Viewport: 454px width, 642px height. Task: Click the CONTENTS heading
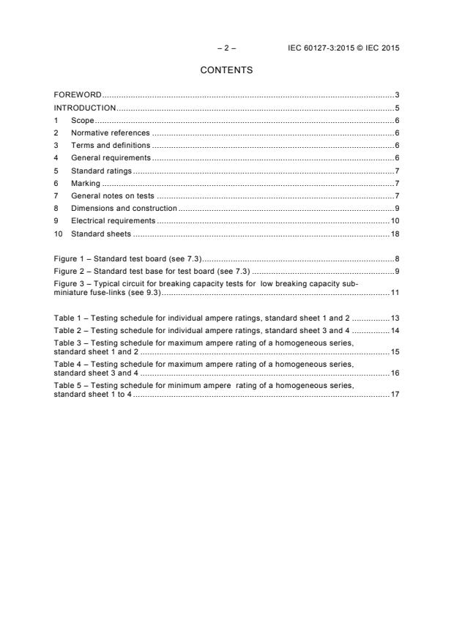(226, 70)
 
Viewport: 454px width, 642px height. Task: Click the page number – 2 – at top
(226, 48)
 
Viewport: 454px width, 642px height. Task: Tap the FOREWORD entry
(78, 95)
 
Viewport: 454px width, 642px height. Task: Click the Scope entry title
(82, 120)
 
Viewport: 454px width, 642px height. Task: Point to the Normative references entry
(110, 132)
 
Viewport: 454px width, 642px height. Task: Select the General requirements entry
(111, 157)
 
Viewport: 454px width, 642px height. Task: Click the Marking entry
(85, 183)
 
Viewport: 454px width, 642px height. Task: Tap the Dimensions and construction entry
(124, 208)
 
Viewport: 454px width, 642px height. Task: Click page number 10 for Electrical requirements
(394, 220)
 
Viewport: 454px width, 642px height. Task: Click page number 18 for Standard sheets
(394, 234)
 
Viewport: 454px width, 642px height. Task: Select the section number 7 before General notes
(56, 195)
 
